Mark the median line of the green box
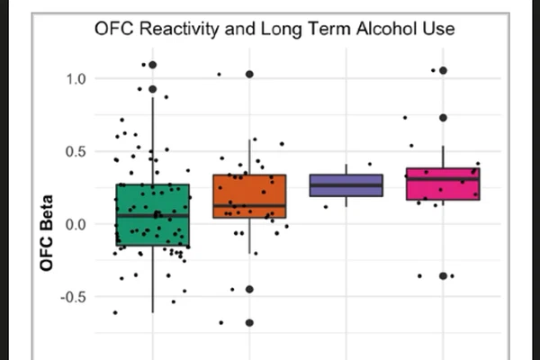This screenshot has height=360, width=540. [152, 215]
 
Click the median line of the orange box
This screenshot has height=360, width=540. [249, 206]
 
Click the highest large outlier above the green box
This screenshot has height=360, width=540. [152, 65]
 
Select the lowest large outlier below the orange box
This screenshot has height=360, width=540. [249, 322]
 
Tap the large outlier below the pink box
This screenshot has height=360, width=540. [443, 275]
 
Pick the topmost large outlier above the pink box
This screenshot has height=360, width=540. [443, 70]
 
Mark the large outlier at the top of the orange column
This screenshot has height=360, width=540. [249, 74]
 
